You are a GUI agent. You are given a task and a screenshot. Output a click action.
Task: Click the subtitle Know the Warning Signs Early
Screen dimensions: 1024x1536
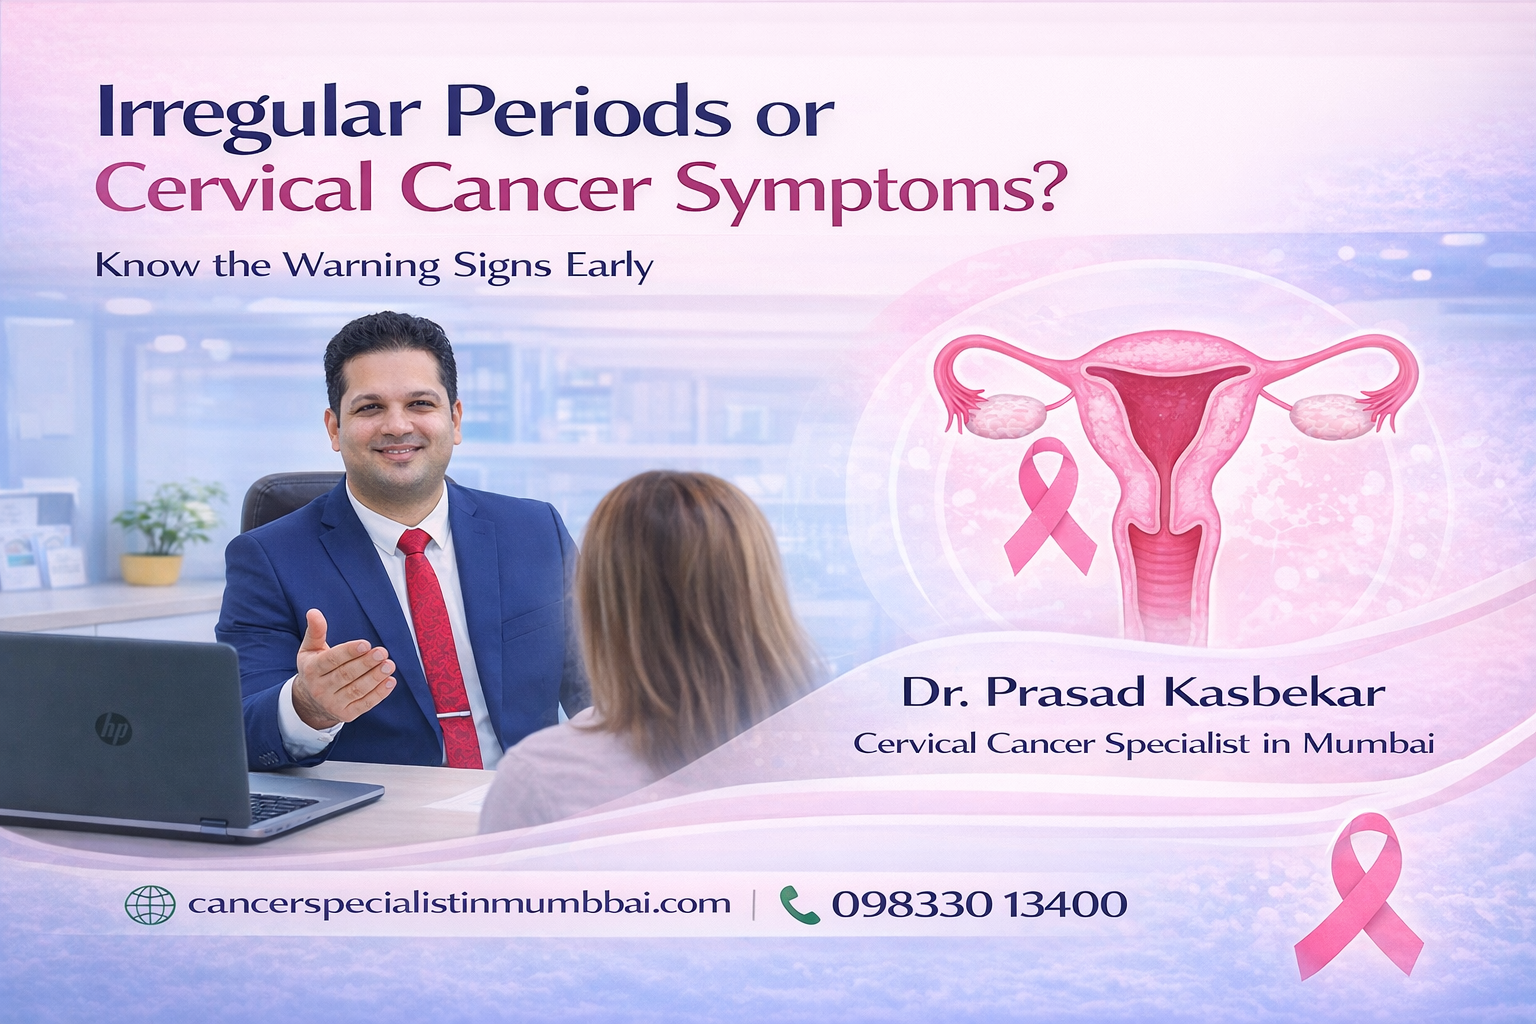tap(374, 267)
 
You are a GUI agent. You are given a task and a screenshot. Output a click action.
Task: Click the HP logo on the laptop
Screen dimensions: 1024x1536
tap(113, 728)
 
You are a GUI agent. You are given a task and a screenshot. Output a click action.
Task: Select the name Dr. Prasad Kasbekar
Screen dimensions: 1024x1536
tap(1143, 692)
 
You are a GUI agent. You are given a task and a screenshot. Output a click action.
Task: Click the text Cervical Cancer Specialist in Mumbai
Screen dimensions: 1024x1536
tap(1143, 744)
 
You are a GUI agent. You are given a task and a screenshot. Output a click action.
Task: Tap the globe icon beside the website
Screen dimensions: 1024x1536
tap(149, 905)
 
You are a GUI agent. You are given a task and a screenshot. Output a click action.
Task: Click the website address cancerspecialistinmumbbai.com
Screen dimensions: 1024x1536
tap(459, 904)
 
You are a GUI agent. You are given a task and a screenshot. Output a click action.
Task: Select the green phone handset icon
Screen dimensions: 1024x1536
tap(798, 905)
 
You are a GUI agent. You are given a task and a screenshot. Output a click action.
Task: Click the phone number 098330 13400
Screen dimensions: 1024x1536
tap(979, 905)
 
